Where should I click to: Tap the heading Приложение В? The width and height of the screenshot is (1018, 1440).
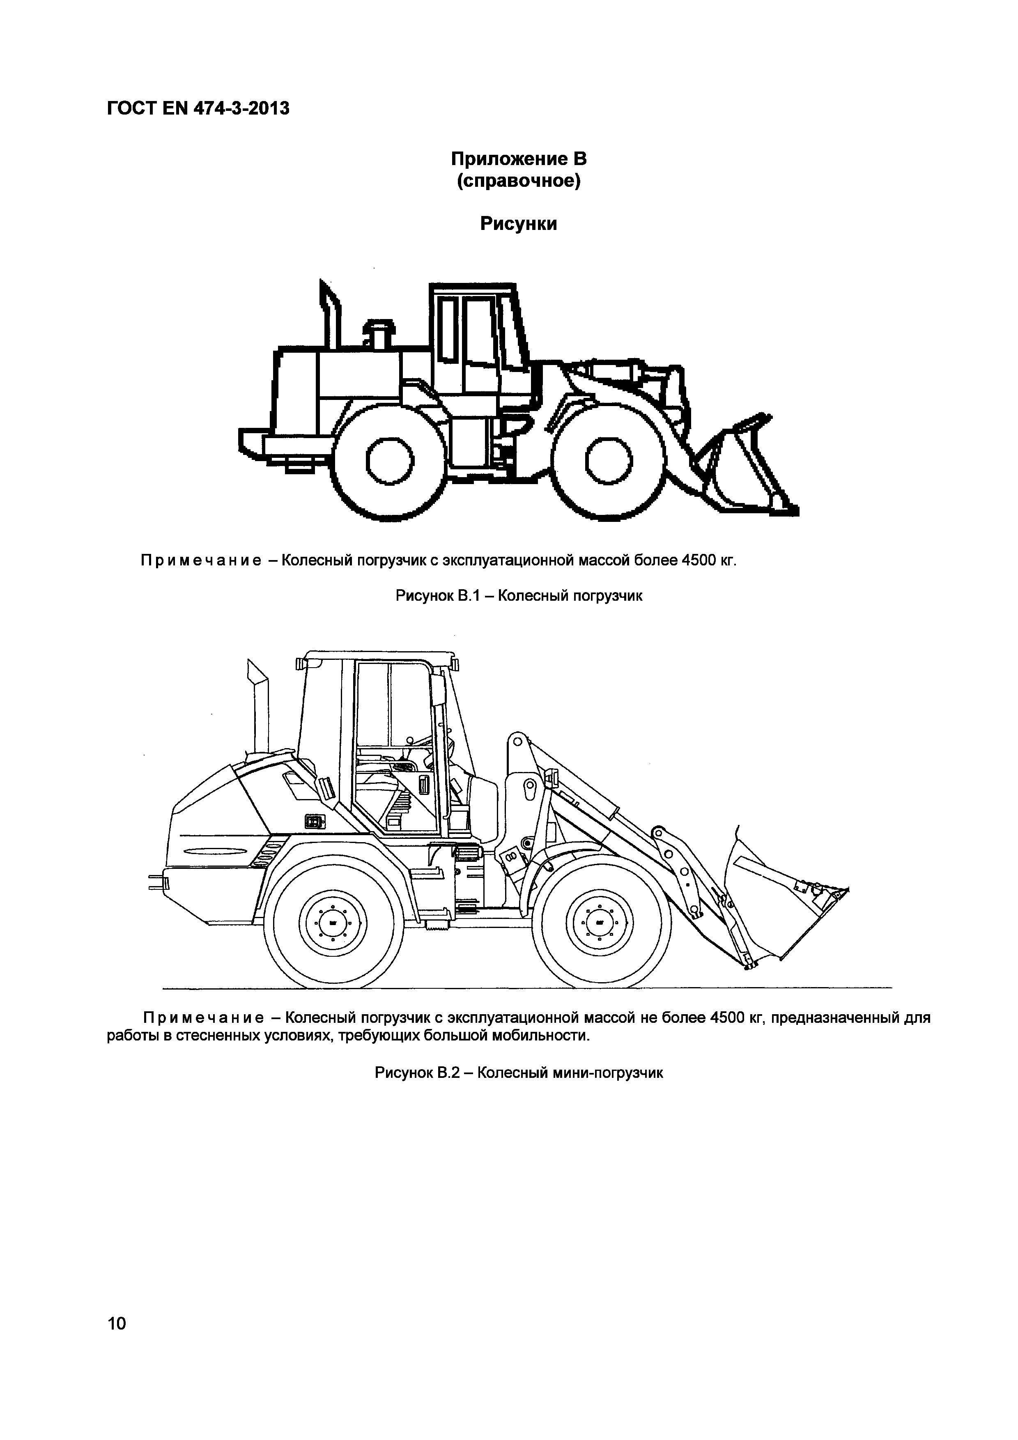click(x=519, y=159)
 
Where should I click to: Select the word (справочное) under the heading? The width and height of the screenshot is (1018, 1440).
click(x=519, y=182)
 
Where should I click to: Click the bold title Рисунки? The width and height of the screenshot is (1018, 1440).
click(x=519, y=223)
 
